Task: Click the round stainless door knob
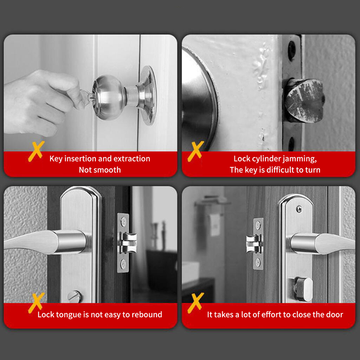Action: (109, 97)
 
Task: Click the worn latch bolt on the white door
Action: (305, 100)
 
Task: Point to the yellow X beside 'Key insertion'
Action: (36, 151)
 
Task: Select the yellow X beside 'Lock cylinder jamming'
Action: (195, 151)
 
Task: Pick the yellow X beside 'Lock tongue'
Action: (36, 303)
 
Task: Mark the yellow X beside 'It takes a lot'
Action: (195, 303)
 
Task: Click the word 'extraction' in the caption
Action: (131, 159)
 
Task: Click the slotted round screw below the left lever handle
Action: (74, 297)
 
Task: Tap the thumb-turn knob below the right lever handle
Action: (303, 289)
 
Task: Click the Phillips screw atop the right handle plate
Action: (299, 209)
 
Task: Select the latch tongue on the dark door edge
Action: (128, 243)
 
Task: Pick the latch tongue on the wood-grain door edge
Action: (254, 244)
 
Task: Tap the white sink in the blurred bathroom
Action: (190, 273)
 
